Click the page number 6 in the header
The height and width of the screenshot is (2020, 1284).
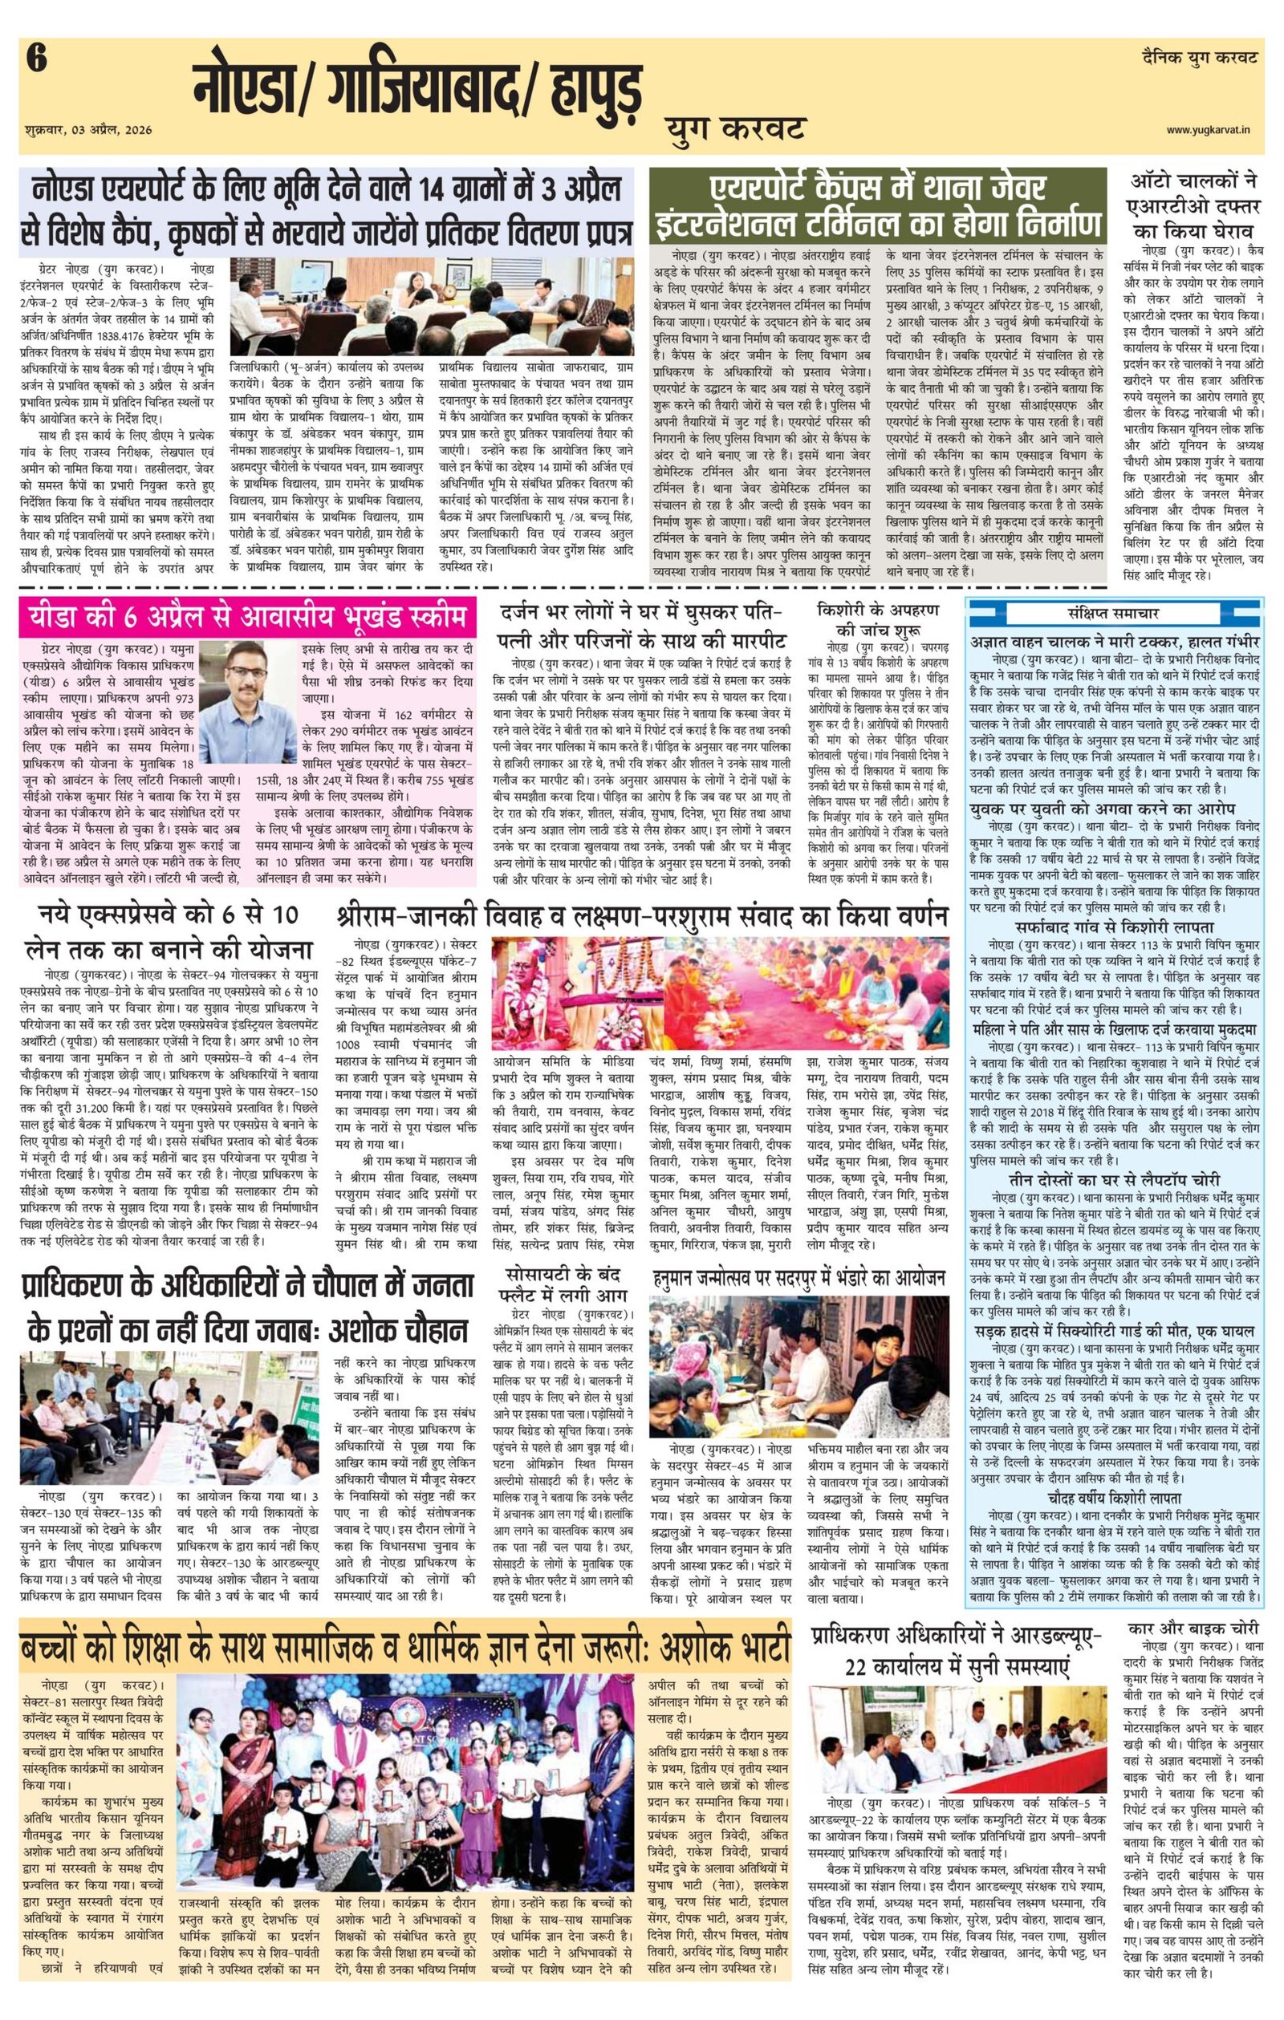coord(37,61)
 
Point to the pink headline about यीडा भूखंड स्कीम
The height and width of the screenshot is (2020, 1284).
coord(247,619)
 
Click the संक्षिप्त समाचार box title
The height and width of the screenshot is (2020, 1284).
coord(1115,611)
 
